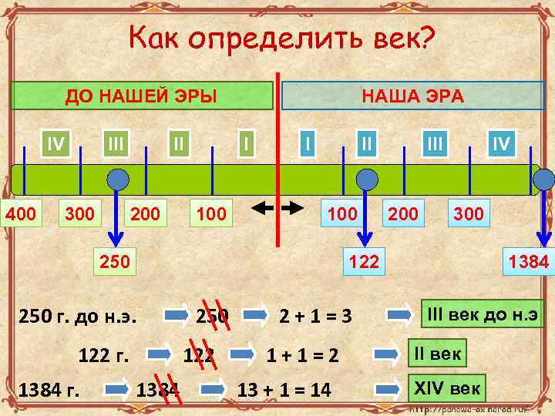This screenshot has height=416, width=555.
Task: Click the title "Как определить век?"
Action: point(281,37)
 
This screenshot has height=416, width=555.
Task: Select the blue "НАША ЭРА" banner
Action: point(412,96)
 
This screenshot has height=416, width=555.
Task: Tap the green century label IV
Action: point(55,143)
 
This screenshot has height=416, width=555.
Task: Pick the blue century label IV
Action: point(501,143)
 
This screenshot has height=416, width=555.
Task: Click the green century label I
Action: point(246,143)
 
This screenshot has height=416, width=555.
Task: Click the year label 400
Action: point(21,213)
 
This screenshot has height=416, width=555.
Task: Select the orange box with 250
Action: point(113,262)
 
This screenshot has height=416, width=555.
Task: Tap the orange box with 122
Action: point(364,262)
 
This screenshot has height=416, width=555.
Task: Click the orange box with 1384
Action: point(528,262)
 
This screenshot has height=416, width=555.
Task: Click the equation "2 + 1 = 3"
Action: point(315,316)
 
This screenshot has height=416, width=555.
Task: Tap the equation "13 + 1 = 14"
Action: point(284,391)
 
